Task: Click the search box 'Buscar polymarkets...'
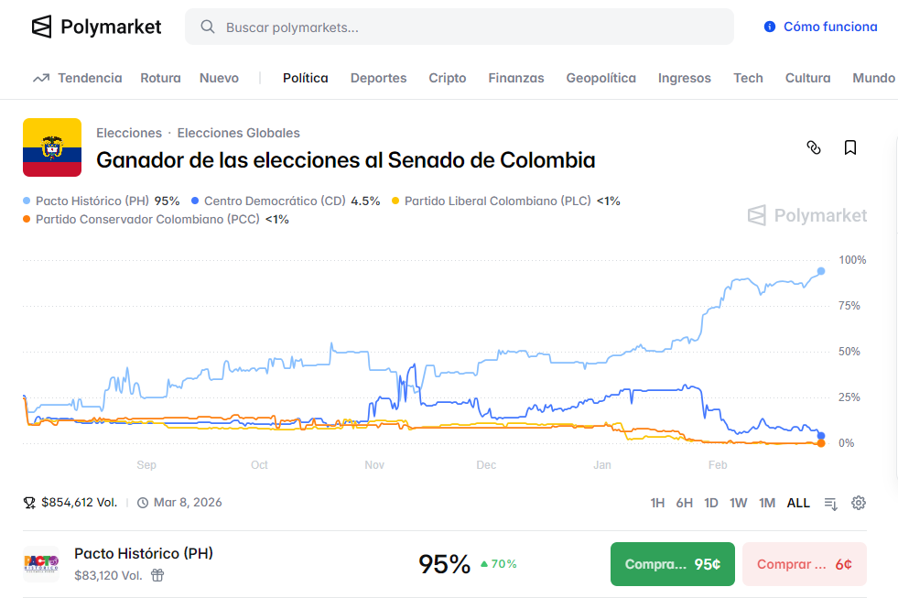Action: point(458,27)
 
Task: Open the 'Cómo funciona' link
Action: point(821,27)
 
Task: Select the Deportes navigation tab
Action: point(378,78)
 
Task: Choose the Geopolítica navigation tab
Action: point(600,78)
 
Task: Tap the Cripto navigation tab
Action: point(447,78)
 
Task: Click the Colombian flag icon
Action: point(52,147)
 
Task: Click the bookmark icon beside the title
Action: point(850,147)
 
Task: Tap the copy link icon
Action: point(814,147)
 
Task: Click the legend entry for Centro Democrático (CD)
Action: point(286,201)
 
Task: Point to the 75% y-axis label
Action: point(849,306)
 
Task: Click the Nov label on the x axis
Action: point(374,465)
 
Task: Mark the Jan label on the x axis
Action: point(602,465)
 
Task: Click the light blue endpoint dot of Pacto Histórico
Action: point(821,271)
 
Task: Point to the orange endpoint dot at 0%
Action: point(820,443)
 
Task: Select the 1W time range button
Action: point(738,503)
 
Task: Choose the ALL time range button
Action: point(798,503)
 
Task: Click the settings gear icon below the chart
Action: point(859,503)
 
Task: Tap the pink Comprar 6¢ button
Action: point(804,564)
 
